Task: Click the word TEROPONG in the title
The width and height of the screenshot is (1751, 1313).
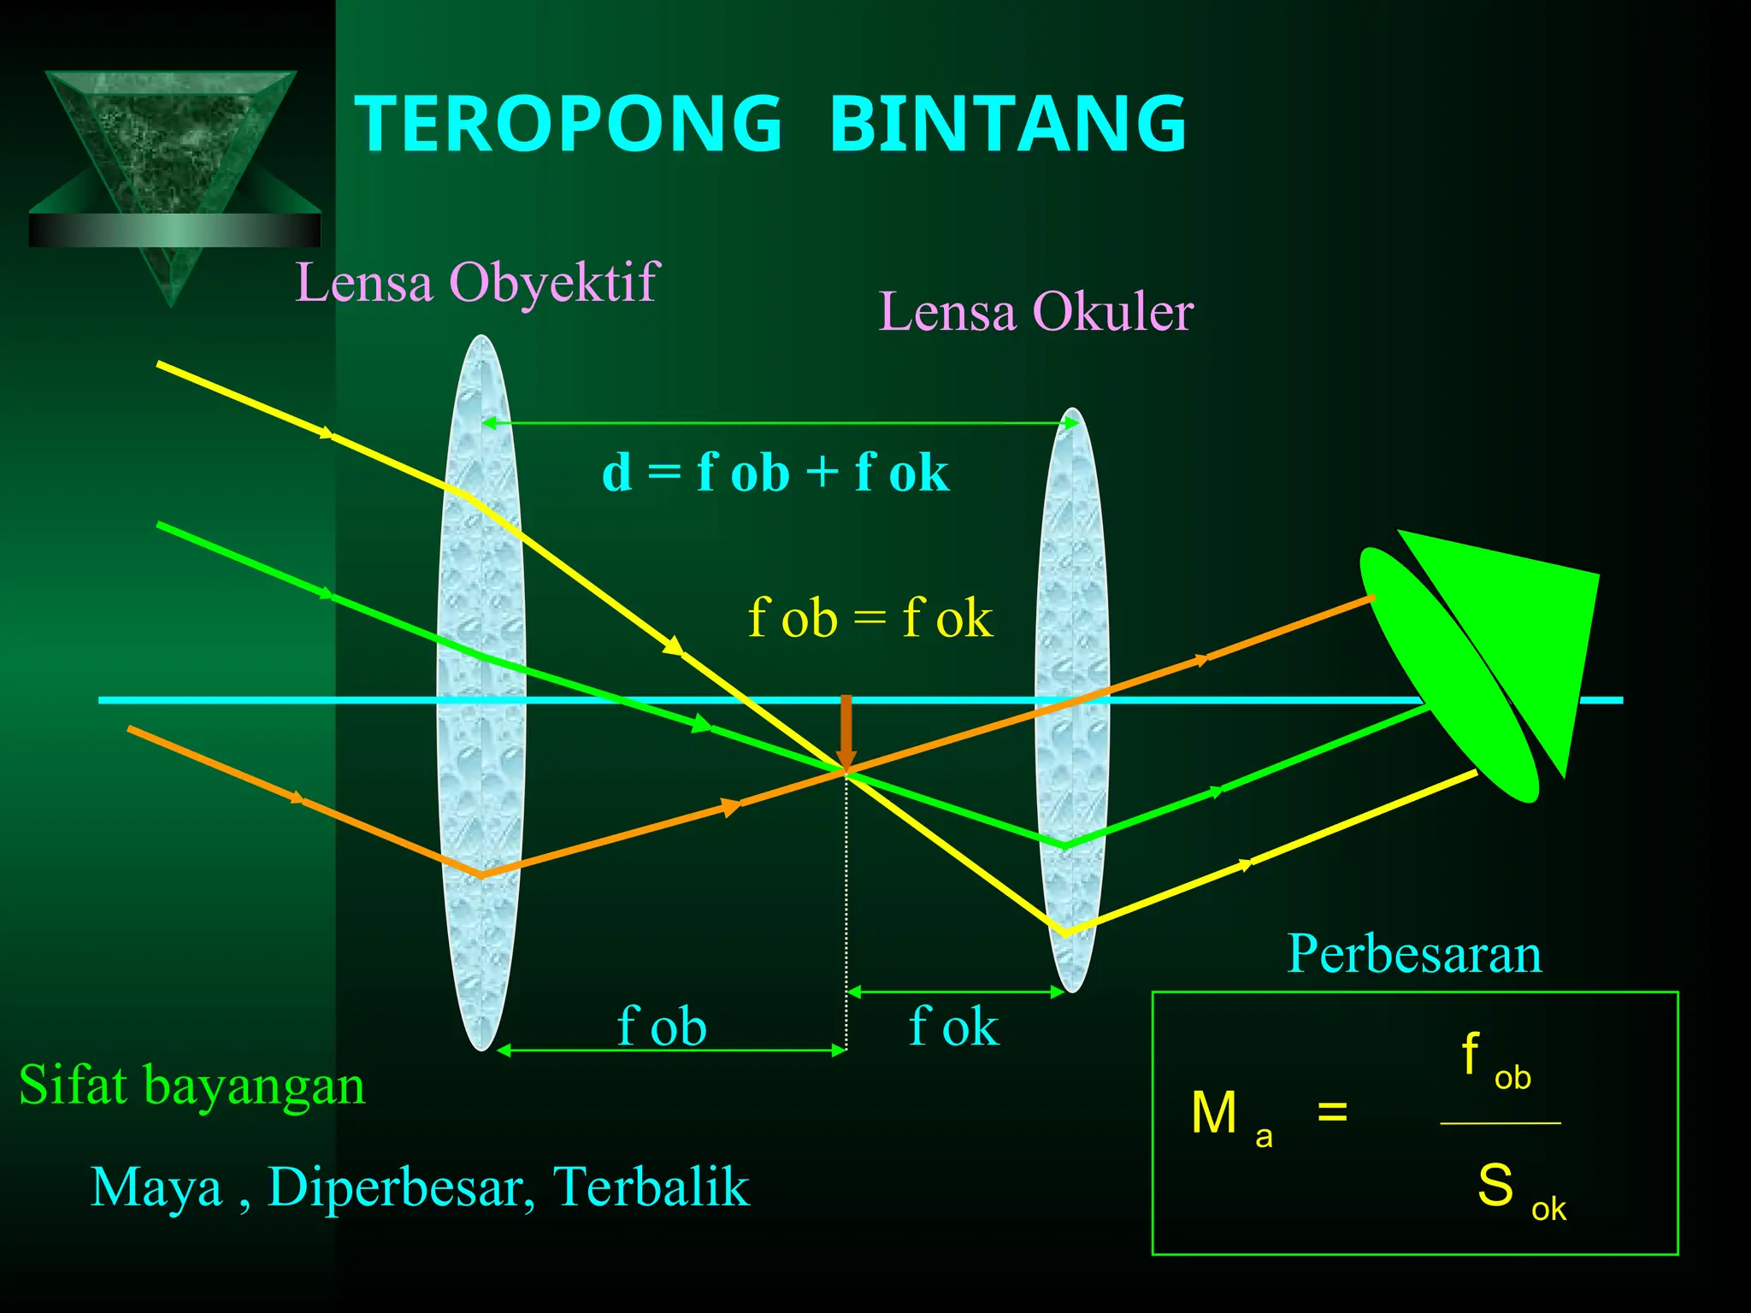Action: (x=569, y=124)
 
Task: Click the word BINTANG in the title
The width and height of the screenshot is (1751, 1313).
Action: (x=1008, y=124)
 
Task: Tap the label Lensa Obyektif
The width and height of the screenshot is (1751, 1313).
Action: (x=477, y=282)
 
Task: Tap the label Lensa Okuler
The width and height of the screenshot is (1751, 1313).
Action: (x=1035, y=312)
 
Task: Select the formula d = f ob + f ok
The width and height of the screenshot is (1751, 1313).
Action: (x=775, y=473)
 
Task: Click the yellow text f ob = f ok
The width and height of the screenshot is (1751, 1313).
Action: (x=870, y=618)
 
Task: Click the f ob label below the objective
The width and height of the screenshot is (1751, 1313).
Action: (x=662, y=1026)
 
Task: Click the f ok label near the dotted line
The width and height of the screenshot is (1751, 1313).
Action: (x=953, y=1026)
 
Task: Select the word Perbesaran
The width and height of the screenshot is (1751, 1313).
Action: (x=1414, y=954)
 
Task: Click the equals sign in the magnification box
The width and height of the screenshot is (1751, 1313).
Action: (x=1332, y=1112)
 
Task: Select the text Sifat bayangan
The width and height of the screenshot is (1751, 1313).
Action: (x=192, y=1086)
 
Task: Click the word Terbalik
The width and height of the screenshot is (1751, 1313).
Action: (x=651, y=1187)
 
